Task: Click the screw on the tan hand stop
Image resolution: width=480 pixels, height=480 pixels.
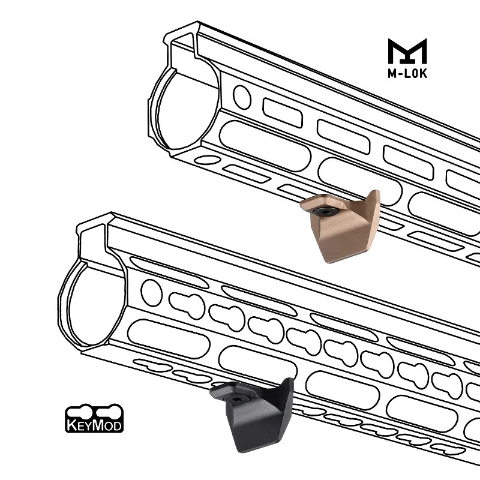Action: coord(325,212)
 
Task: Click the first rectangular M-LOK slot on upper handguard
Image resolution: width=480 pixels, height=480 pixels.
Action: coord(280,110)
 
